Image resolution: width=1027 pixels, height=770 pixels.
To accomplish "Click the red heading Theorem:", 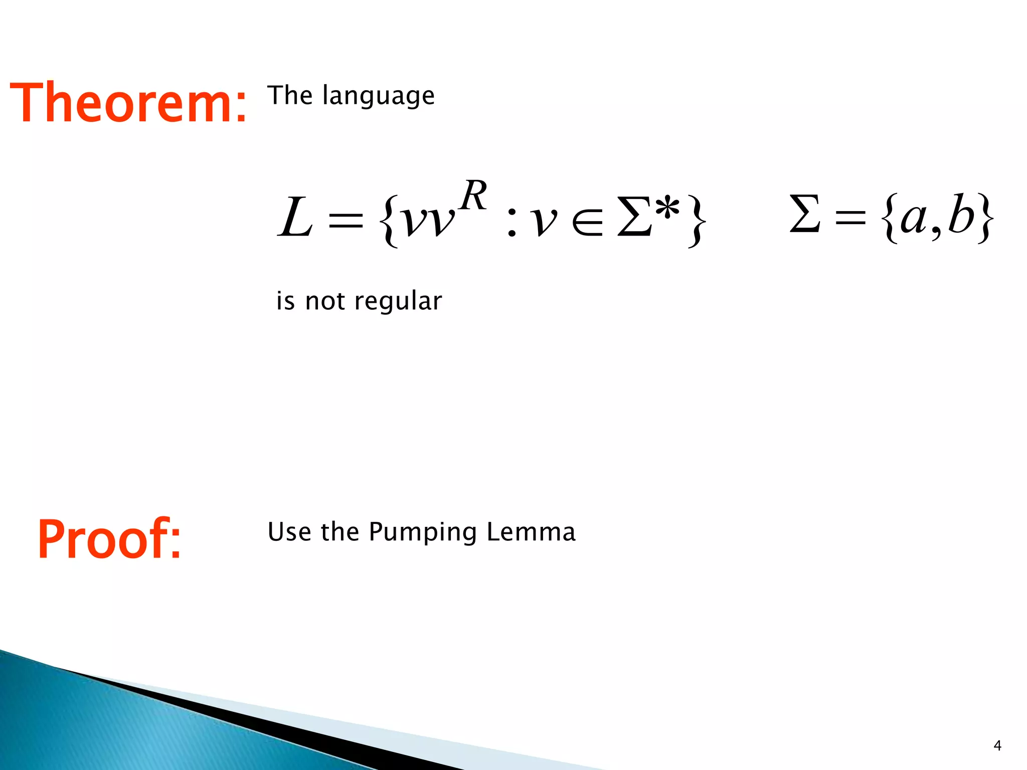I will pyautogui.click(x=128, y=102).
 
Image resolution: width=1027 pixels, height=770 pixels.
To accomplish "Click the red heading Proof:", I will pyautogui.click(x=109, y=539).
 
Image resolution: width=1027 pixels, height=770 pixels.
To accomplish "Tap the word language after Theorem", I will pyautogui.click(x=379, y=96).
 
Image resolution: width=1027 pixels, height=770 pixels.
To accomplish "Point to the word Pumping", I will pyautogui.click(x=423, y=532).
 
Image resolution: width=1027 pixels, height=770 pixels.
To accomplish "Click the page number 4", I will pyautogui.click(x=997, y=746).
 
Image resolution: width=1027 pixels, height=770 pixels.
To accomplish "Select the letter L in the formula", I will pyautogui.click(x=295, y=218).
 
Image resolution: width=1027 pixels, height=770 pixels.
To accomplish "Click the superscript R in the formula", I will pyautogui.click(x=473, y=195).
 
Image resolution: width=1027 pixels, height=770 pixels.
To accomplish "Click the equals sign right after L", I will pyautogui.click(x=345, y=221).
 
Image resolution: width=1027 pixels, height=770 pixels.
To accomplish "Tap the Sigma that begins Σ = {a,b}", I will pyautogui.click(x=805, y=214).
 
